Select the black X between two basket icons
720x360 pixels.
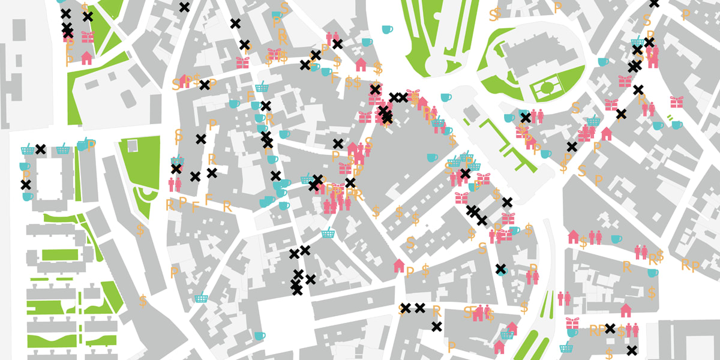(40, 149)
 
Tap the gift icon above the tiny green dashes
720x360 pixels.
(676, 101)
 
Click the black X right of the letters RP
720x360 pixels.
(610, 328)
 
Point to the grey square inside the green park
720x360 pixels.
(132, 145)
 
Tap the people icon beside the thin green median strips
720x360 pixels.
(563, 297)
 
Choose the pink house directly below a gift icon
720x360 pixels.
(87, 58)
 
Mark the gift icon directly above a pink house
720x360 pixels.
(88, 37)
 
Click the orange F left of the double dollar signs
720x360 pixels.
(334, 78)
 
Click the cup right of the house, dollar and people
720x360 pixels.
(616, 239)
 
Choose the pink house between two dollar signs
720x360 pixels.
(361, 64)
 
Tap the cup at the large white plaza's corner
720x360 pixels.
(259, 335)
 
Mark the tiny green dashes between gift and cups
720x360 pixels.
(669, 118)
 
